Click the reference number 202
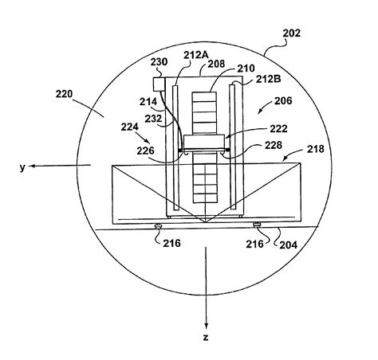tap(291, 33)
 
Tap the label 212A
tap(196, 55)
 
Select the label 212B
tap(269, 79)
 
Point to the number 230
tap(159, 62)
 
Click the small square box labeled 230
tap(159, 84)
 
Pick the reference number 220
tap(64, 94)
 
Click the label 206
tap(283, 100)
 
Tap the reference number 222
tap(279, 129)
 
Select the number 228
tap(274, 145)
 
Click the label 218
tap(316, 149)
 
